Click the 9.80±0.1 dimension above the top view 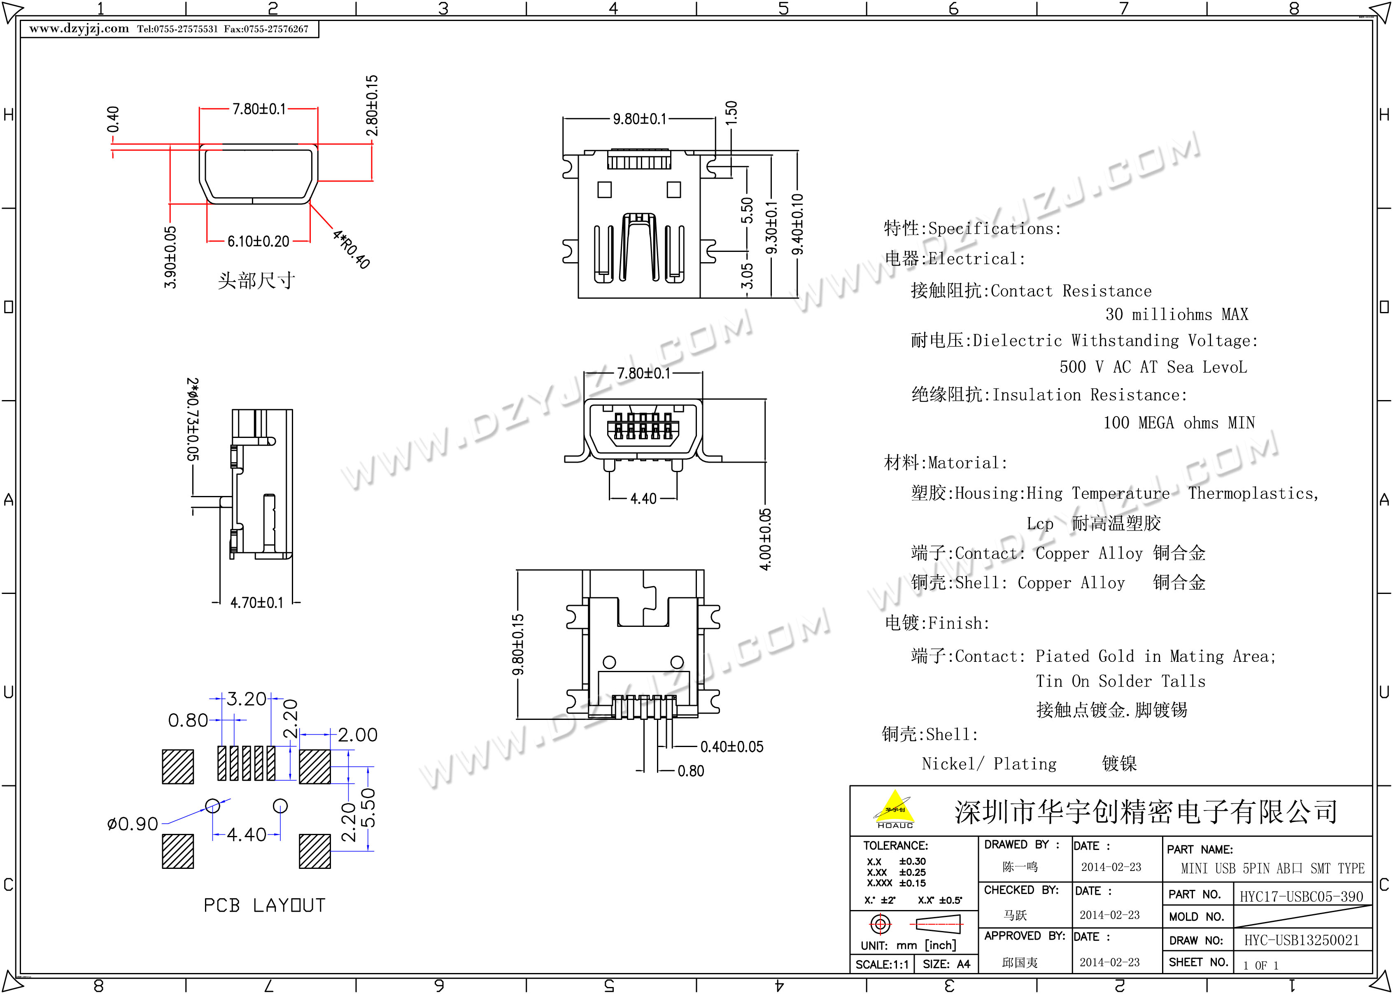coord(640,118)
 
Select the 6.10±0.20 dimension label coord(258,241)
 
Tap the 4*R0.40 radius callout coord(351,249)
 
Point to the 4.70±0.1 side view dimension coord(257,603)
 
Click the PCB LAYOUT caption coord(264,905)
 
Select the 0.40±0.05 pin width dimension coord(732,747)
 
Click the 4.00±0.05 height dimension coord(766,539)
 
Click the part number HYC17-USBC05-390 coord(1302,897)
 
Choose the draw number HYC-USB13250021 coord(1302,940)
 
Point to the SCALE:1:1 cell coord(882,965)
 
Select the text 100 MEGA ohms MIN coord(1179,423)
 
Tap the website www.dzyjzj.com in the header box coord(79,29)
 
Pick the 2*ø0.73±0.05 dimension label coord(193,419)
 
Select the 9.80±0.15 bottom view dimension coord(518,645)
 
